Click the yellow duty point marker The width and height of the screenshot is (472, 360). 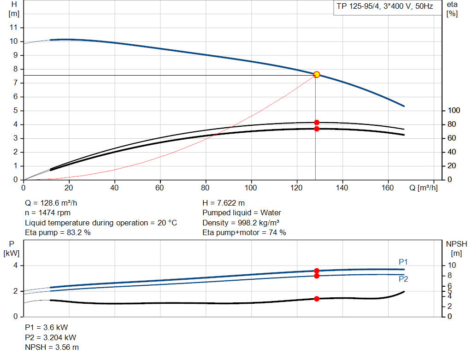pyautogui.click(x=317, y=75)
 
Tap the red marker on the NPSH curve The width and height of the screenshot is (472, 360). pyautogui.click(x=317, y=299)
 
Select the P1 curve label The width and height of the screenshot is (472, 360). pyautogui.click(x=403, y=262)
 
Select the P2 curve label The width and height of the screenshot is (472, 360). pyautogui.click(x=403, y=279)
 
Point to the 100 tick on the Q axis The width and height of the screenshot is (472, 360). pyautogui.click(x=251, y=188)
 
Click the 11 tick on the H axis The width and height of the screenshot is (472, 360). pyautogui.click(x=14, y=28)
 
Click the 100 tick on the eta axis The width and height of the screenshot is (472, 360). pyautogui.click(x=454, y=111)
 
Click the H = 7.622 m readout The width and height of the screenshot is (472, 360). pyautogui.click(x=224, y=203)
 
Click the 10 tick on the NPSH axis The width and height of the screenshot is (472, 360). pyautogui.click(x=454, y=266)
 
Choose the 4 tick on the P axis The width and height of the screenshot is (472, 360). pyautogui.click(x=15, y=266)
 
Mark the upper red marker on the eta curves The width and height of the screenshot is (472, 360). pyautogui.click(x=317, y=123)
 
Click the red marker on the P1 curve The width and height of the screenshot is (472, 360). pyautogui.click(x=317, y=271)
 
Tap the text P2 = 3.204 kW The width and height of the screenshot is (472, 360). pyautogui.click(x=50, y=337)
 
